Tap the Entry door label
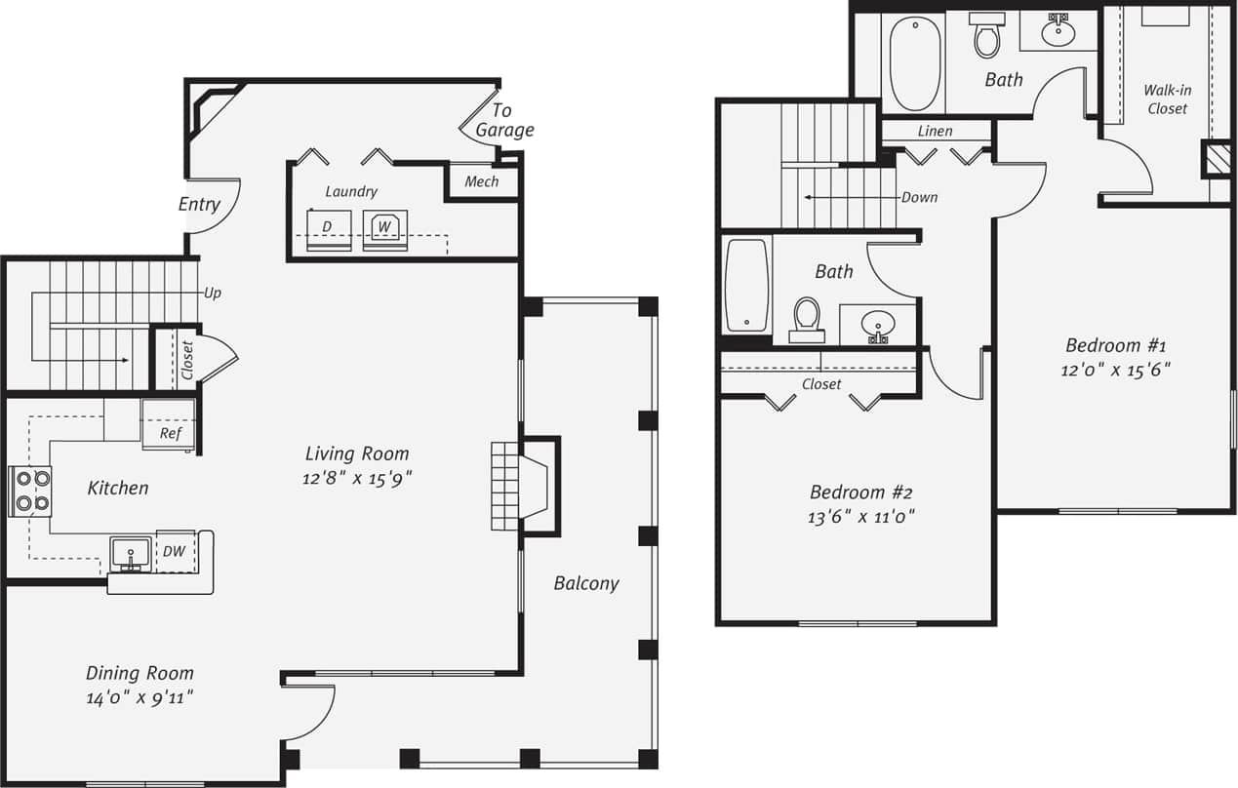(199, 205)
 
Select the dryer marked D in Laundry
(329, 230)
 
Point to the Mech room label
(481, 181)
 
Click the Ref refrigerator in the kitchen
(170, 425)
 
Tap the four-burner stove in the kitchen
(30, 492)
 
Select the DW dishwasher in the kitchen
(175, 553)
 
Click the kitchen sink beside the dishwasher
(131, 554)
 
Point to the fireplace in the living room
(525, 486)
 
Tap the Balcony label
(586, 583)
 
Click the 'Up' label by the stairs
(212, 293)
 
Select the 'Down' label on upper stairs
(919, 197)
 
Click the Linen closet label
(935, 131)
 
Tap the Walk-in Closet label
(1167, 99)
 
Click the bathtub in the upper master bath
(915, 61)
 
